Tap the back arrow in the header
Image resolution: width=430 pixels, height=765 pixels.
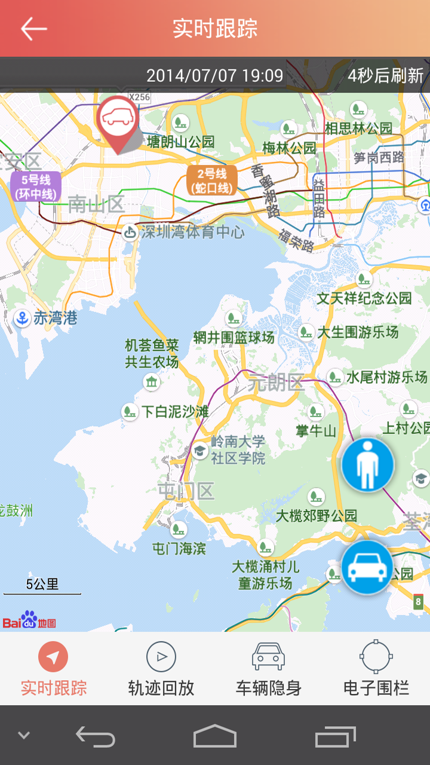[x=34, y=28]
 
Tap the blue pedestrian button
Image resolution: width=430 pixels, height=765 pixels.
[x=367, y=465]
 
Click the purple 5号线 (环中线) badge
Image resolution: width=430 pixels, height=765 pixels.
[x=36, y=186]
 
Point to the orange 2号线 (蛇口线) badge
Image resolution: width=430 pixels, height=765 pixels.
[x=211, y=180]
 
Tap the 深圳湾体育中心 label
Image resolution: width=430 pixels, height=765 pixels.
[x=192, y=232]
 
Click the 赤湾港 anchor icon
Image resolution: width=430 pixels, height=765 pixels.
[x=22, y=319]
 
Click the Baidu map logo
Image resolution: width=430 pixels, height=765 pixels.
[x=29, y=621]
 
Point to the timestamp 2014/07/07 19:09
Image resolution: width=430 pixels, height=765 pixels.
[x=214, y=76]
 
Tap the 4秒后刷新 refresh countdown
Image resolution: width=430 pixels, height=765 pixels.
[x=386, y=76]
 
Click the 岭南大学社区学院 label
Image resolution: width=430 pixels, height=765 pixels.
[x=238, y=450]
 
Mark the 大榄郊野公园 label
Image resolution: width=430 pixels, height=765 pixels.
[x=316, y=515]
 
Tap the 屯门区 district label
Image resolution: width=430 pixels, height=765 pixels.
[x=186, y=491]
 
